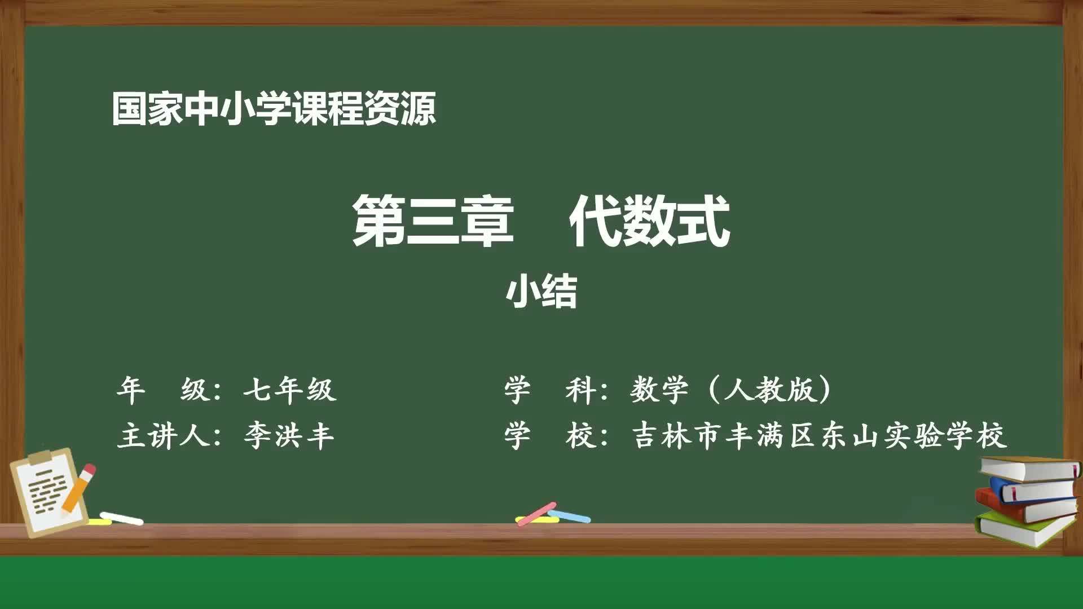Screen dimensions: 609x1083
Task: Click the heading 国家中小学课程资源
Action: pos(274,109)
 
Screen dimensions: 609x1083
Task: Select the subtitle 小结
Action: pos(541,292)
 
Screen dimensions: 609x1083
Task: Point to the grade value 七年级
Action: pos(290,389)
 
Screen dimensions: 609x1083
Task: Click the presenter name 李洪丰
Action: pos(289,435)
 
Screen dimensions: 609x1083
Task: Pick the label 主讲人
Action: pos(164,435)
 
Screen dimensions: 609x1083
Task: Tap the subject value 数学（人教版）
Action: pos(731,389)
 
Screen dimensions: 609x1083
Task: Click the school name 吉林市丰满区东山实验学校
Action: pos(819,435)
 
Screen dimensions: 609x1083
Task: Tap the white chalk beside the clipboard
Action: pos(121,517)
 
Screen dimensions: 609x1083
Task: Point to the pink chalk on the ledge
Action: pos(536,514)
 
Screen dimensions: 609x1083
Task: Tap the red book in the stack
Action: pos(1027,507)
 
